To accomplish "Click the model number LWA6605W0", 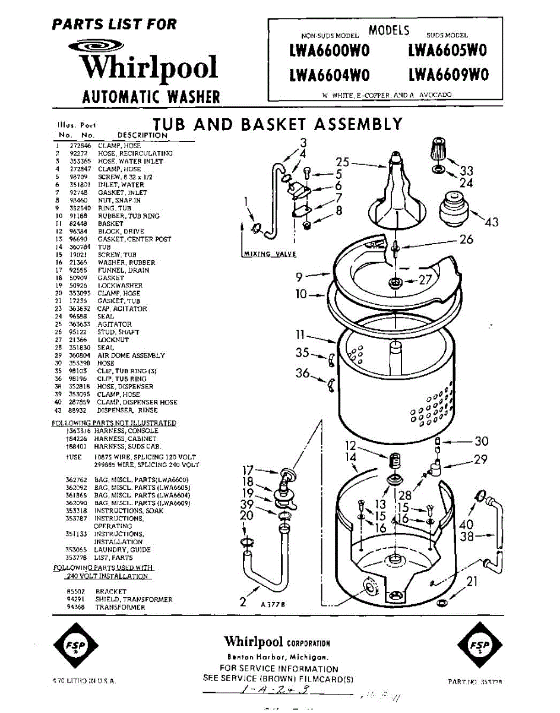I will (447, 51).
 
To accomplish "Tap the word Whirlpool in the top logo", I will (150, 68).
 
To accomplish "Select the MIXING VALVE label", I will (270, 254).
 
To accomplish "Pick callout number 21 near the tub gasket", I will (472, 581).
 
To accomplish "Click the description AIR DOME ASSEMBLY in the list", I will (131, 355).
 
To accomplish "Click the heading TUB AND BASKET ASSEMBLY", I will (277, 124).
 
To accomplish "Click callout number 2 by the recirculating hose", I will (242, 601).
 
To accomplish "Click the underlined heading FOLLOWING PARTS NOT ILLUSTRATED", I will (114, 423).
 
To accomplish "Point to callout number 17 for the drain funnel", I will (248, 469).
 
